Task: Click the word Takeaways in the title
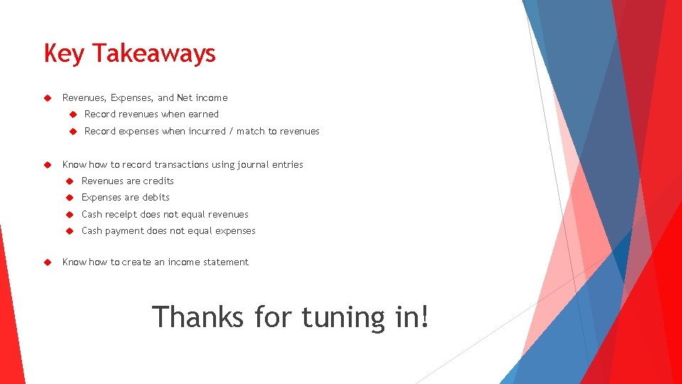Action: pos(153,53)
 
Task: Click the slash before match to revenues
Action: pos(231,131)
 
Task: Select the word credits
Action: pos(158,181)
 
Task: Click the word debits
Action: pos(156,197)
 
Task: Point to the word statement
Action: pos(226,262)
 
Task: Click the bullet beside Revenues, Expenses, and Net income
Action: pos(48,97)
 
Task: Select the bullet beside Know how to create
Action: pos(48,262)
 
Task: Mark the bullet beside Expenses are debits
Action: pos(70,197)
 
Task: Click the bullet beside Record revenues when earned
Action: pos(72,114)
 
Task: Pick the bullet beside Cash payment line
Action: pos(70,230)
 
